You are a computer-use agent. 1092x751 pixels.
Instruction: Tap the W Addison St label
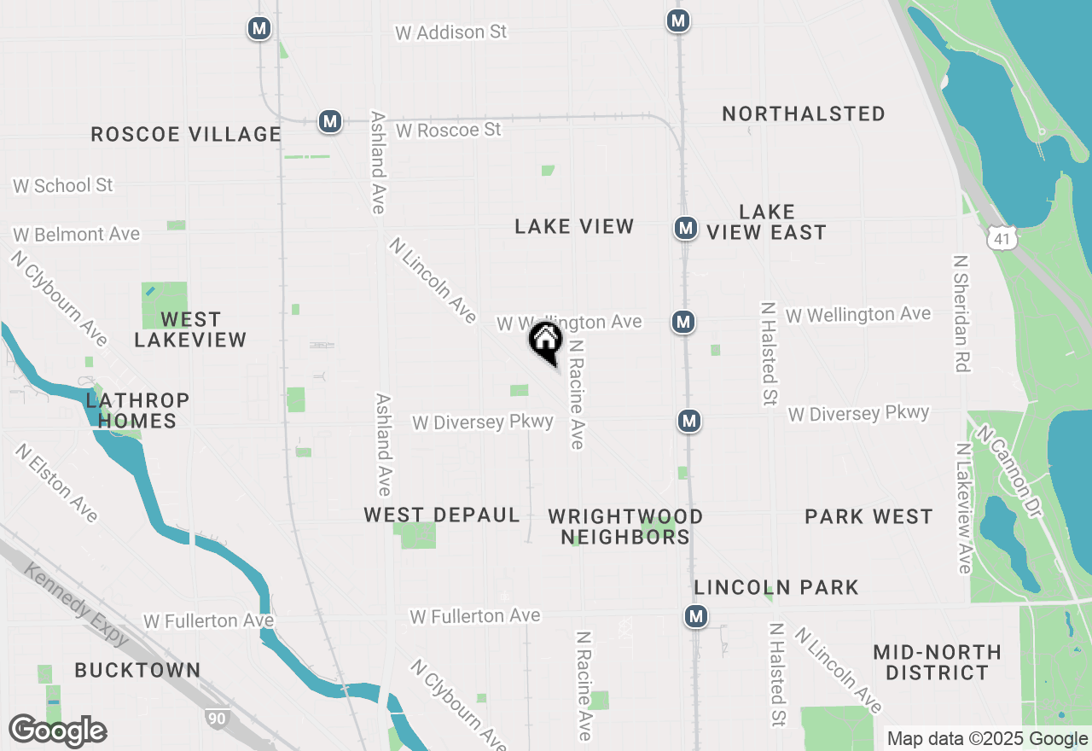click(450, 32)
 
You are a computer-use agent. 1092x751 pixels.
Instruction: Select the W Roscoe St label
click(449, 131)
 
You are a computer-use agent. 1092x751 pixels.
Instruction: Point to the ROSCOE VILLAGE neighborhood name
click(186, 134)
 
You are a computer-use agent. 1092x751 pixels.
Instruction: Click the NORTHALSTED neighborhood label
click(804, 114)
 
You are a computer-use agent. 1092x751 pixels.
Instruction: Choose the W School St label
click(63, 185)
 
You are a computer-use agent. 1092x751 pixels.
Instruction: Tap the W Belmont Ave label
click(76, 234)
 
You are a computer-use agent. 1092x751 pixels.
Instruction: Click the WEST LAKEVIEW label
click(190, 329)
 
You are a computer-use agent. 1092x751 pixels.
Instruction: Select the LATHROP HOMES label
click(137, 410)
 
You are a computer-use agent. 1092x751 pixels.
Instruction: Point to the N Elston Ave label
click(57, 481)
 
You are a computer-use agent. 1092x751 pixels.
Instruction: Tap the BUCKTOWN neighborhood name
click(137, 670)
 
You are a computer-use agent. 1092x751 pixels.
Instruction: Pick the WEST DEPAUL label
click(442, 515)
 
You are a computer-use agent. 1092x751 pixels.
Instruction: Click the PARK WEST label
click(868, 516)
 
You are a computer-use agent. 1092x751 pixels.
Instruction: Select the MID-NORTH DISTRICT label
click(937, 662)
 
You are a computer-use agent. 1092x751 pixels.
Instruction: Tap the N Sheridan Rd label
click(961, 313)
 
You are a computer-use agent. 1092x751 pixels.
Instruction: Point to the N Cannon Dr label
click(1011, 472)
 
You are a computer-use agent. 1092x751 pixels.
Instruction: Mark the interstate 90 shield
click(217, 719)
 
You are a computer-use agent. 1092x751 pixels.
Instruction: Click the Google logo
click(57, 731)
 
